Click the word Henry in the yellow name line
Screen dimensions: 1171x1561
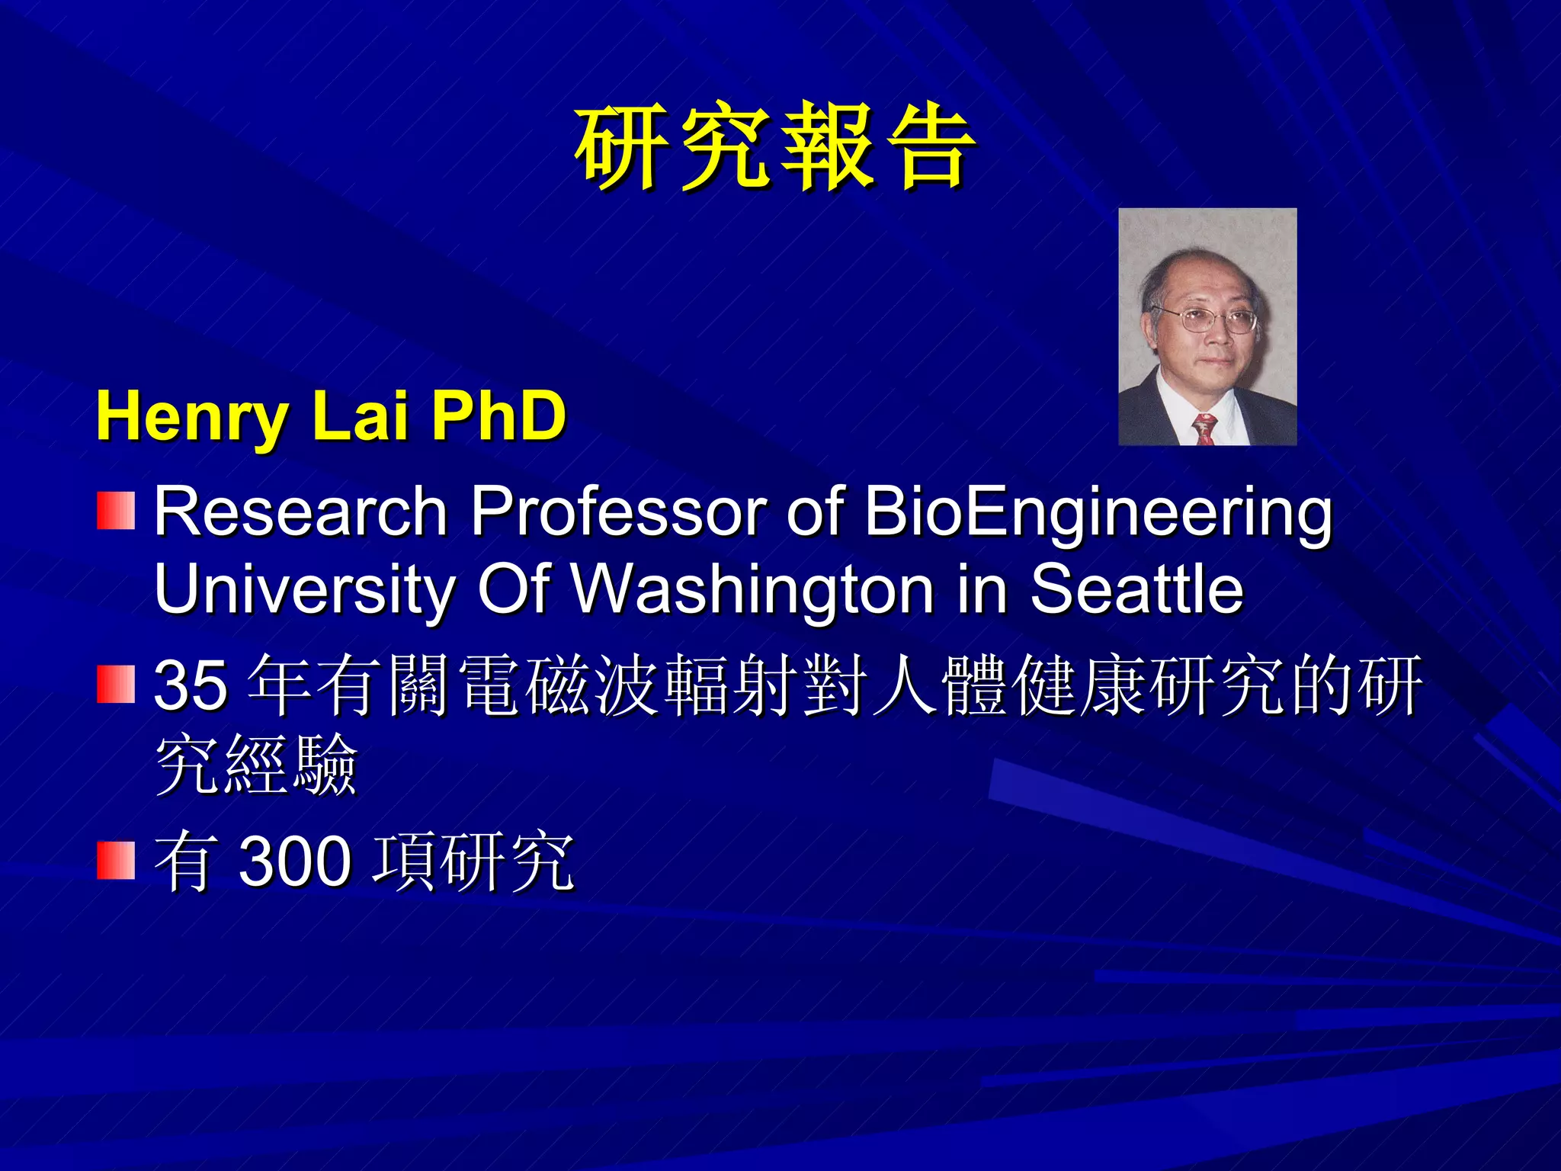(191, 417)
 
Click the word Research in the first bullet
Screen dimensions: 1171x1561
(300, 512)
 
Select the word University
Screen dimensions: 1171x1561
(304, 591)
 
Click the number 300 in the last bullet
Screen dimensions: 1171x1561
(296, 861)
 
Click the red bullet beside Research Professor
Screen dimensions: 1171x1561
(116, 511)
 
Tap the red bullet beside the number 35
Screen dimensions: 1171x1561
(116, 684)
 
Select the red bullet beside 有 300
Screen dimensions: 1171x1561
(116, 861)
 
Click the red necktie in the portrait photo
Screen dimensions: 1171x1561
(1204, 429)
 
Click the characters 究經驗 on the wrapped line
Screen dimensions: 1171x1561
(256, 765)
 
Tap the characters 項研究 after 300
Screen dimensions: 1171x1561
(473, 861)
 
